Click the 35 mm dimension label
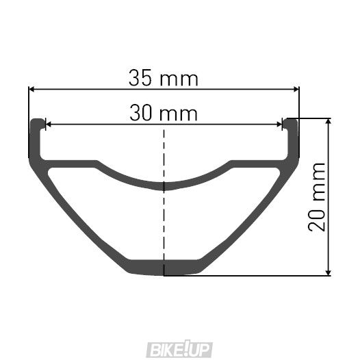(164, 78)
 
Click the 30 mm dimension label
(164, 113)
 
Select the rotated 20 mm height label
(317, 197)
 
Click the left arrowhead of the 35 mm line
(31, 89)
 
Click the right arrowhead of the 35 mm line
(296, 89)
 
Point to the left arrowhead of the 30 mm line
(48, 125)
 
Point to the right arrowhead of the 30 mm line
(280, 125)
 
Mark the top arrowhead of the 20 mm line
(329, 122)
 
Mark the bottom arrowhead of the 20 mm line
(329, 272)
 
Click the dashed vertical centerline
(164, 205)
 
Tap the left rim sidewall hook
(36, 137)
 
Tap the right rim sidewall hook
(292, 137)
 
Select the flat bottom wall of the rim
(164, 267)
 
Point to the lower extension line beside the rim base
(260, 276)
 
